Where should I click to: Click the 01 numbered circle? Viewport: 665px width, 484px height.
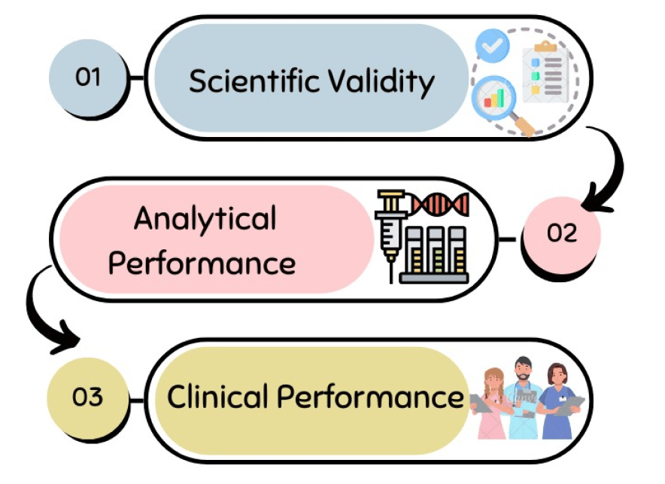(x=88, y=78)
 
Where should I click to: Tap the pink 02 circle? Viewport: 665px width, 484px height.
(x=561, y=234)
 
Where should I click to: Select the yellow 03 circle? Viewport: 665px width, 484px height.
(x=87, y=397)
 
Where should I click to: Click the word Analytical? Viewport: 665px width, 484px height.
(x=205, y=220)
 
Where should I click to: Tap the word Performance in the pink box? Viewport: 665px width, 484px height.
(x=202, y=264)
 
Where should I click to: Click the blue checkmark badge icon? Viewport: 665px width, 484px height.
(x=493, y=47)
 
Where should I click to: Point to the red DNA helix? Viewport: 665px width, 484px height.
(x=440, y=202)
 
